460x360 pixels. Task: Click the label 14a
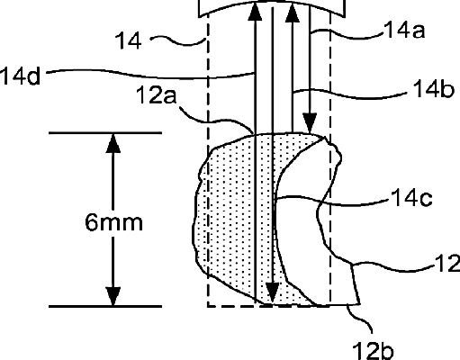point(404,31)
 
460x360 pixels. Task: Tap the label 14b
point(433,89)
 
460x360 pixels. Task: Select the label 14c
point(411,198)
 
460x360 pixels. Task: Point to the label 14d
point(20,76)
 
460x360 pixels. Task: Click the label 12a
point(156,95)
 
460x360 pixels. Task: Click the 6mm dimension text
point(113,222)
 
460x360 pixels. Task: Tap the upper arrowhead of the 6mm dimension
point(113,143)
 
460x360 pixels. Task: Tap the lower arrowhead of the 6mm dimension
point(113,296)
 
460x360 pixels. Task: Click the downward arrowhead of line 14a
point(310,123)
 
